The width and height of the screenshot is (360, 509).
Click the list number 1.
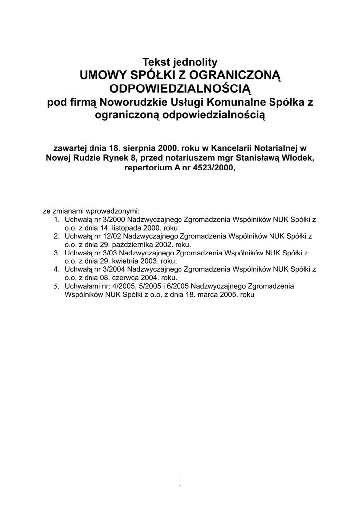click(56, 219)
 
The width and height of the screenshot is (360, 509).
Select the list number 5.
click(56, 286)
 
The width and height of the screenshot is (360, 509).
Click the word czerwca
click(125, 278)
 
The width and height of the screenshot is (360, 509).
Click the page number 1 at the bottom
click(180, 483)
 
